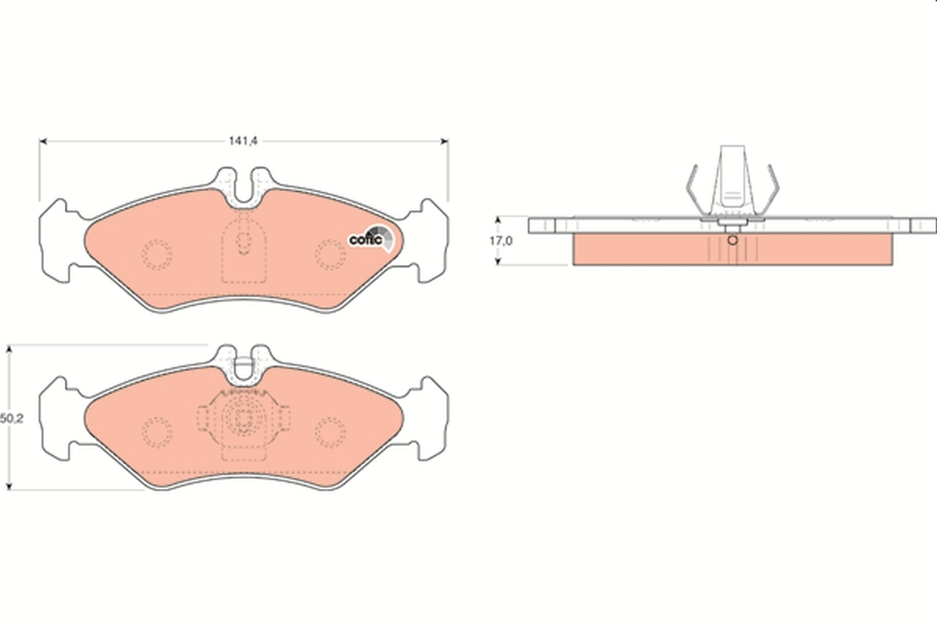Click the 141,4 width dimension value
[x=243, y=141]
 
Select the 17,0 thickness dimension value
[x=501, y=241]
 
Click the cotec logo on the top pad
[x=369, y=238]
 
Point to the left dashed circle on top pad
[x=157, y=254]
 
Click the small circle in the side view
[x=732, y=240]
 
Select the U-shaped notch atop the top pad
[x=244, y=187]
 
